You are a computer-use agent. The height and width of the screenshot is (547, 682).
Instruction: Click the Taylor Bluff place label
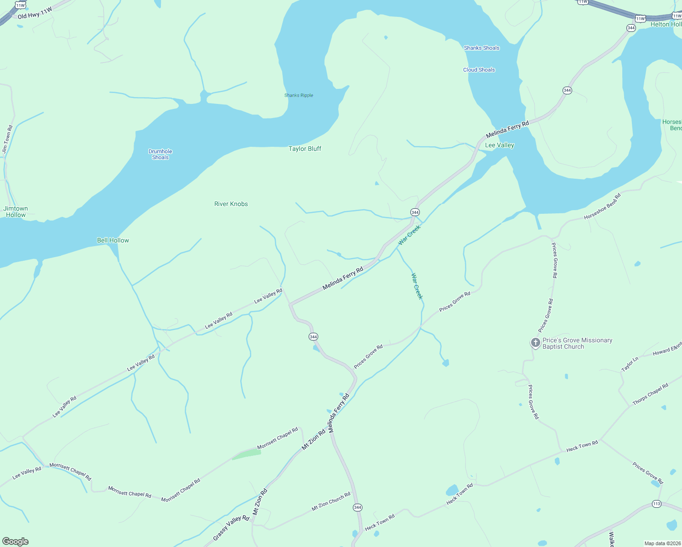305,149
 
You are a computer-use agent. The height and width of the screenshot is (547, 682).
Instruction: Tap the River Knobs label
231,204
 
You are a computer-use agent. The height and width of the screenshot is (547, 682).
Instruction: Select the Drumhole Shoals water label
160,154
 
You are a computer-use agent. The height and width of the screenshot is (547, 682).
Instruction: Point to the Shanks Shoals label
481,48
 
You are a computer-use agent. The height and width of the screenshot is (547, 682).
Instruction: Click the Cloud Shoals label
479,70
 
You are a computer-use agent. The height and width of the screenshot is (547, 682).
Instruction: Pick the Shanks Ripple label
299,95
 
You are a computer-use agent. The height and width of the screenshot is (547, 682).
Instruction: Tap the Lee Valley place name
499,145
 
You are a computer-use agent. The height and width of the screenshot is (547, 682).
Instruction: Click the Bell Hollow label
113,240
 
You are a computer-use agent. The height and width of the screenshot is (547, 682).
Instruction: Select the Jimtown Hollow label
16,212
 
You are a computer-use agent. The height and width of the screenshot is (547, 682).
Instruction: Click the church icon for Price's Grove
535,342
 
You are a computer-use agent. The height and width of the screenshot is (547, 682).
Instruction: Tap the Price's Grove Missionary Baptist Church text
577,343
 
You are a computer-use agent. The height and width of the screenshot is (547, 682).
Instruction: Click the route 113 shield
656,504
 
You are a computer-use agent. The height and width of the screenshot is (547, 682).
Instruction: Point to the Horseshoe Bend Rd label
602,206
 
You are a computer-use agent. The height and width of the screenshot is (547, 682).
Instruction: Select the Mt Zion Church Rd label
331,501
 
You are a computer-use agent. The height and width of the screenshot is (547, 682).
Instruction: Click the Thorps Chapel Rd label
650,394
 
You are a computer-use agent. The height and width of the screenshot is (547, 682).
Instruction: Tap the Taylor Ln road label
630,364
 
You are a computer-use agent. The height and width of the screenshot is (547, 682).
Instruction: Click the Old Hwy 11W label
35,13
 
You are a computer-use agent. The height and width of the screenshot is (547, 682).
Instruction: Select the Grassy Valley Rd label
231,528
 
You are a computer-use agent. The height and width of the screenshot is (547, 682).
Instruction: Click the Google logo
15,541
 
